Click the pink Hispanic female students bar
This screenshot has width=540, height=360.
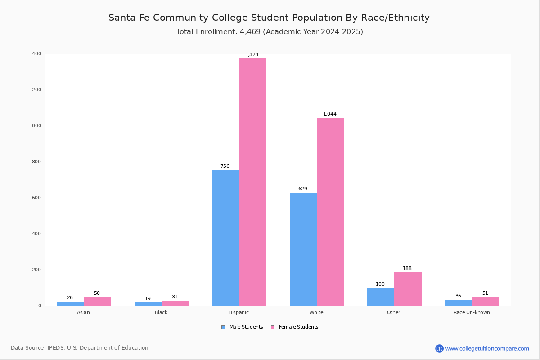(x=252, y=182)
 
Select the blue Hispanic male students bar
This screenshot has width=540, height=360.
(x=225, y=238)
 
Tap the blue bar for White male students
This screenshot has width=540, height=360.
(x=303, y=249)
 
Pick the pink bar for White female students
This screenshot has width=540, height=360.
(x=330, y=212)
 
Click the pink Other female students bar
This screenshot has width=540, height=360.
(x=408, y=289)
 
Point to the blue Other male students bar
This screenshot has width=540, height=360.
(x=381, y=297)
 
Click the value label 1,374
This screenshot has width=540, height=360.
(x=252, y=55)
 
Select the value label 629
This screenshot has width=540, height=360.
(x=302, y=189)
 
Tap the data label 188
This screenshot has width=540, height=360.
(x=407, y=269)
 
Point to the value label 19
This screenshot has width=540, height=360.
(x=148, y=299)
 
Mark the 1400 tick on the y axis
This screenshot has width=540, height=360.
(x=36, y=54)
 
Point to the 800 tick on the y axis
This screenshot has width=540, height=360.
(x=37, y=162)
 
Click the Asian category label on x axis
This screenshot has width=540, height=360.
(x=83, y=312)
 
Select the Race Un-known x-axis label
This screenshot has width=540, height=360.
(x=472, y=312)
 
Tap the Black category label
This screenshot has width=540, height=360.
(x=161, y=312)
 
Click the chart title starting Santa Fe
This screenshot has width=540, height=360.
(x=269, y=18)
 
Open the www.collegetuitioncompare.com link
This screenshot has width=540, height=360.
(x=487, y=348)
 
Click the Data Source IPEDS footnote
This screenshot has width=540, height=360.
(x=80, y=348)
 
